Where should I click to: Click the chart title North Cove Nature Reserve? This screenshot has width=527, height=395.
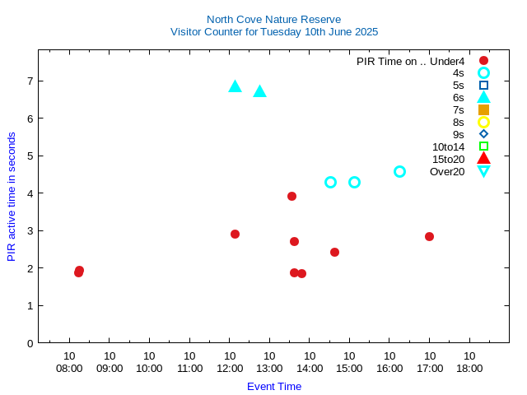273,19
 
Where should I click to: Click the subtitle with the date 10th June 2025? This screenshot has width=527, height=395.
273,32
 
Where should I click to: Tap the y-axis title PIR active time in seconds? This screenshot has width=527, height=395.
12,196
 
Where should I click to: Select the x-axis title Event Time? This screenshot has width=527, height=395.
273,386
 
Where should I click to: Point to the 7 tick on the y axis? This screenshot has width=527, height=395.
30,81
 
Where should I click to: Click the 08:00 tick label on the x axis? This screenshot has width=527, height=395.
69,368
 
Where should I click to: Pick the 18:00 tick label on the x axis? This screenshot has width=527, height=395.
469,368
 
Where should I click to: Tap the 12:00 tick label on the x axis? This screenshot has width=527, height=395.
229,368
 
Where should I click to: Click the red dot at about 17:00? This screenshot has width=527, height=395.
429,236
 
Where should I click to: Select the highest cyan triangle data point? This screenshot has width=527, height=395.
235,86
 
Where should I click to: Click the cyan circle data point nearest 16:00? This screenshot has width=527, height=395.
399,171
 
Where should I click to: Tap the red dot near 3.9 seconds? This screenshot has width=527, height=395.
291,196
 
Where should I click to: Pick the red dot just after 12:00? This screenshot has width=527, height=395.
235,234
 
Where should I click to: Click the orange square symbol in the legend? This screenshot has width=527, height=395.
483,109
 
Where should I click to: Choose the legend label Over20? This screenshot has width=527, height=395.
447,171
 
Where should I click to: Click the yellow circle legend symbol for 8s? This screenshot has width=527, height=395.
483,122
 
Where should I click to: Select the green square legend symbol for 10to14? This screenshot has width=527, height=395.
483,146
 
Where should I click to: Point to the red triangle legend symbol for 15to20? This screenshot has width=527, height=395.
483,159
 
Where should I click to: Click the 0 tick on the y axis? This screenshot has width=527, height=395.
30,343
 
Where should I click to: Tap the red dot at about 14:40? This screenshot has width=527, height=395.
334,252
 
